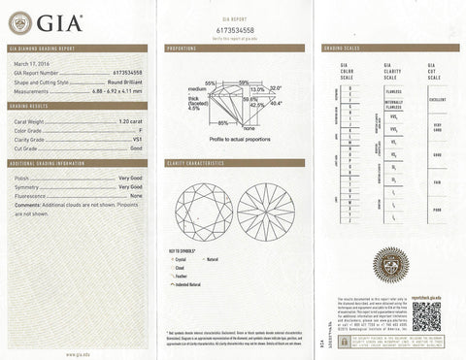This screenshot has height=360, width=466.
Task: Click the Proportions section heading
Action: coord(183,48)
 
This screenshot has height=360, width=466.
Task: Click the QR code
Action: coord(425,316)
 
